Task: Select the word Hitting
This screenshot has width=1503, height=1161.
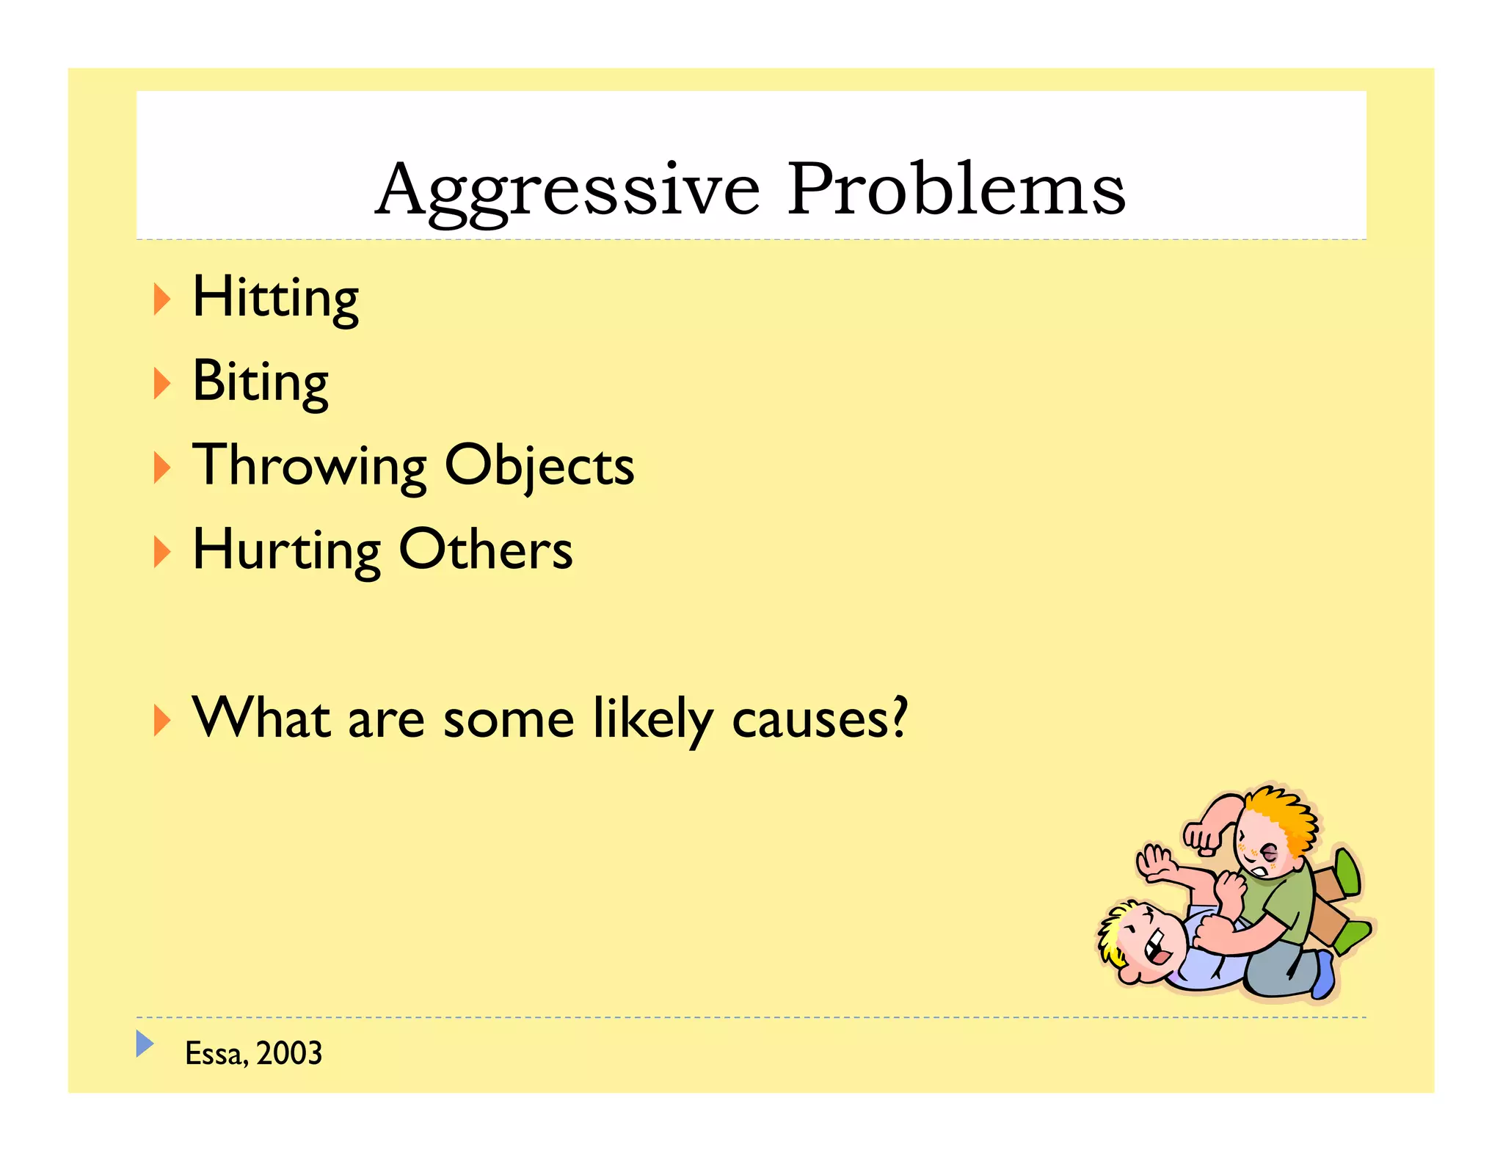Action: coord(275,298)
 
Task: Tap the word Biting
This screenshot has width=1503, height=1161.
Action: coord(260,382)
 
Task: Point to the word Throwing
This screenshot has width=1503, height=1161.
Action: coord(309,466)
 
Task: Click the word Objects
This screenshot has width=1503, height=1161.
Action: coord(539,466)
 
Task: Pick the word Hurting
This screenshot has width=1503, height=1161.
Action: coord(286,550)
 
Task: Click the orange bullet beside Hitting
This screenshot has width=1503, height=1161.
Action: coord(161,299)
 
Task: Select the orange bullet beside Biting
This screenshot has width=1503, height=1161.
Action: coord(161,383)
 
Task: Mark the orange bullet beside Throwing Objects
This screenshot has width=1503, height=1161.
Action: coord(161,467)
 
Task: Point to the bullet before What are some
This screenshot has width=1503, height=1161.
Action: coord(161,720)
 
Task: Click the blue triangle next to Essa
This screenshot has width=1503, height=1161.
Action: coord(145,1043)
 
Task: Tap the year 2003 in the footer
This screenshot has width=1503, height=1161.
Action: coord(289,1054)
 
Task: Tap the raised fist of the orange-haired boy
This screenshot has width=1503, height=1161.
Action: coord(1201,837)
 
